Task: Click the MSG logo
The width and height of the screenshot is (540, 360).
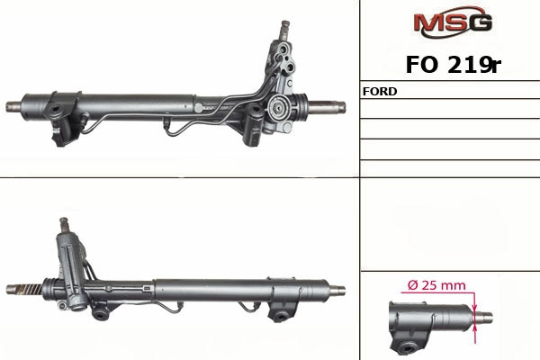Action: [x=453, y=22]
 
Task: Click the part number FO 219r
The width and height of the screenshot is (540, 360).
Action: [x=453, y=65]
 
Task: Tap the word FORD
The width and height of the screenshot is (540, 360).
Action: [x=380, y=91]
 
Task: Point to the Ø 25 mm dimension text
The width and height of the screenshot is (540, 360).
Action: [x=436, y=285]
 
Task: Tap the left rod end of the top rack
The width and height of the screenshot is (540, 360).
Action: [x=13, y=106]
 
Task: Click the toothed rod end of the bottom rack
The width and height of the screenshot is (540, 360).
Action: [x=24, y=289]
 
